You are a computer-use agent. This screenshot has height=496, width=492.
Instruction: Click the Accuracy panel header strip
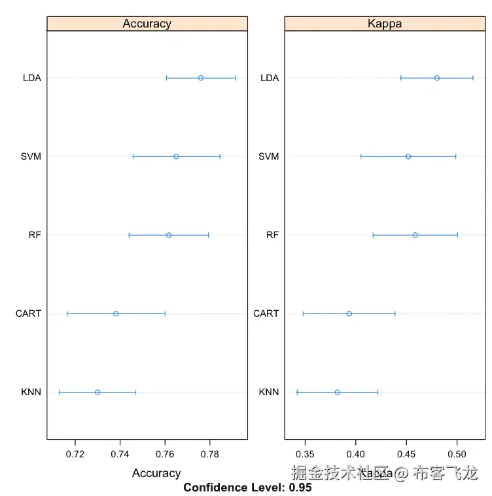point(147,24)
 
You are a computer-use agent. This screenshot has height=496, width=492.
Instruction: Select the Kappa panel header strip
point(385,24)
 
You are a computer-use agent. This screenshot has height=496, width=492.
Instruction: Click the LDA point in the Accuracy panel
point(201,78)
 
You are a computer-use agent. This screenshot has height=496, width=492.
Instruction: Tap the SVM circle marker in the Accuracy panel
point(177,156)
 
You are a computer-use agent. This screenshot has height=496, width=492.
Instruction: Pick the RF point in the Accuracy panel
point(169,235)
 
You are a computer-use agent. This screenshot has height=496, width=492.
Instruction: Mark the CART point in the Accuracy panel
point(116,313)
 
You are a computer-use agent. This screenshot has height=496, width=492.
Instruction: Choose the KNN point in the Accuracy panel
point(97,392)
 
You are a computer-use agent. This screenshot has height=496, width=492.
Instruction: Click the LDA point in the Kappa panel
point(437,78)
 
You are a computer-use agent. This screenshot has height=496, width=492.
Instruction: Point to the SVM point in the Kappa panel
point(408,156)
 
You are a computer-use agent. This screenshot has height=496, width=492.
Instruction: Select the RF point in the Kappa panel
point(415,235)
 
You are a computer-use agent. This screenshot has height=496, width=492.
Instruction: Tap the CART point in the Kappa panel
point(349,313)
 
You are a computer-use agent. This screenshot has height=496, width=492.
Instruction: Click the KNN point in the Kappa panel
point(338,392)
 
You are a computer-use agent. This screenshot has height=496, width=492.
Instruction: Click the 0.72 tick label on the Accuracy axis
point(75,453)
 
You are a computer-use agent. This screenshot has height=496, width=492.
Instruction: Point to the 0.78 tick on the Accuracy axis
point(210,453)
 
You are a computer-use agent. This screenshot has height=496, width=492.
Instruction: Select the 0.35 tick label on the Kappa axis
point(305,453)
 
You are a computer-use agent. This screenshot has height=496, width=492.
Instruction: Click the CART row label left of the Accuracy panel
point(28,313)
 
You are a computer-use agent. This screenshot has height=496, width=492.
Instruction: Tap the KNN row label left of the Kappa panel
point(269,392)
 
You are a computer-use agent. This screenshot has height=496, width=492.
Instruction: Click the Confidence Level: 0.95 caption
point(247,487)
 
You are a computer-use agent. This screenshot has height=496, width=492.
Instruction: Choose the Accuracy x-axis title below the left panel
point(156,472)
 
